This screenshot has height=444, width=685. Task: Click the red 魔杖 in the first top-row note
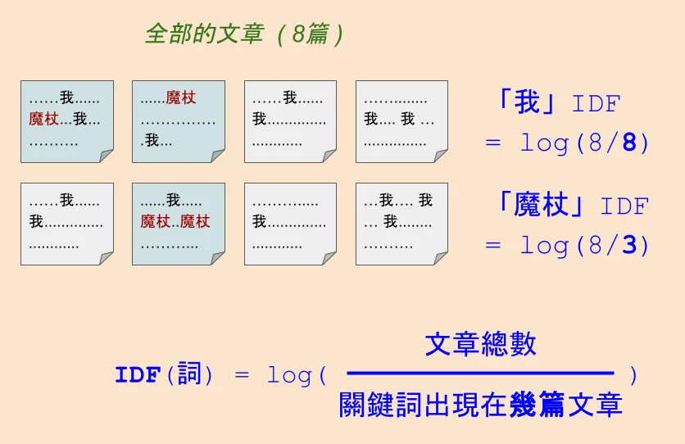[43, 120]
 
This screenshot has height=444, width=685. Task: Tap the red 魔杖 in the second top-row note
[181, 99]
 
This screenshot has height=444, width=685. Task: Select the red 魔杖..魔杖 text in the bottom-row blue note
[175, 221]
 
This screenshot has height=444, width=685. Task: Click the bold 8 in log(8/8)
[629, 143]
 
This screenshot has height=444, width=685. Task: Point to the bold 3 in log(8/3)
[629, 245]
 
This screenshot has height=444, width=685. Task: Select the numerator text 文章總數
[480, 344]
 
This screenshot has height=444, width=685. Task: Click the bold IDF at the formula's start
[136, 376]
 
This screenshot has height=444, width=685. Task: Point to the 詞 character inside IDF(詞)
[189, 375]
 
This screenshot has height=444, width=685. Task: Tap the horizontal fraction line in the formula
[480, 374]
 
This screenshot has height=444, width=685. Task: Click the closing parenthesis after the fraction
[633, 375]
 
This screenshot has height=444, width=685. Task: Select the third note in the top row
[290, 121]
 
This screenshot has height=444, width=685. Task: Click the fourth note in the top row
[401, 121]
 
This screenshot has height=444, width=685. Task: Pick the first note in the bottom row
[66, 224]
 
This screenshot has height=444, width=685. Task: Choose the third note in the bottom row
[290, 224]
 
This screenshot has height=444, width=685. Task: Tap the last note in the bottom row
[401, 224]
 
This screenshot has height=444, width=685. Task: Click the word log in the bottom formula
[290, 376]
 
